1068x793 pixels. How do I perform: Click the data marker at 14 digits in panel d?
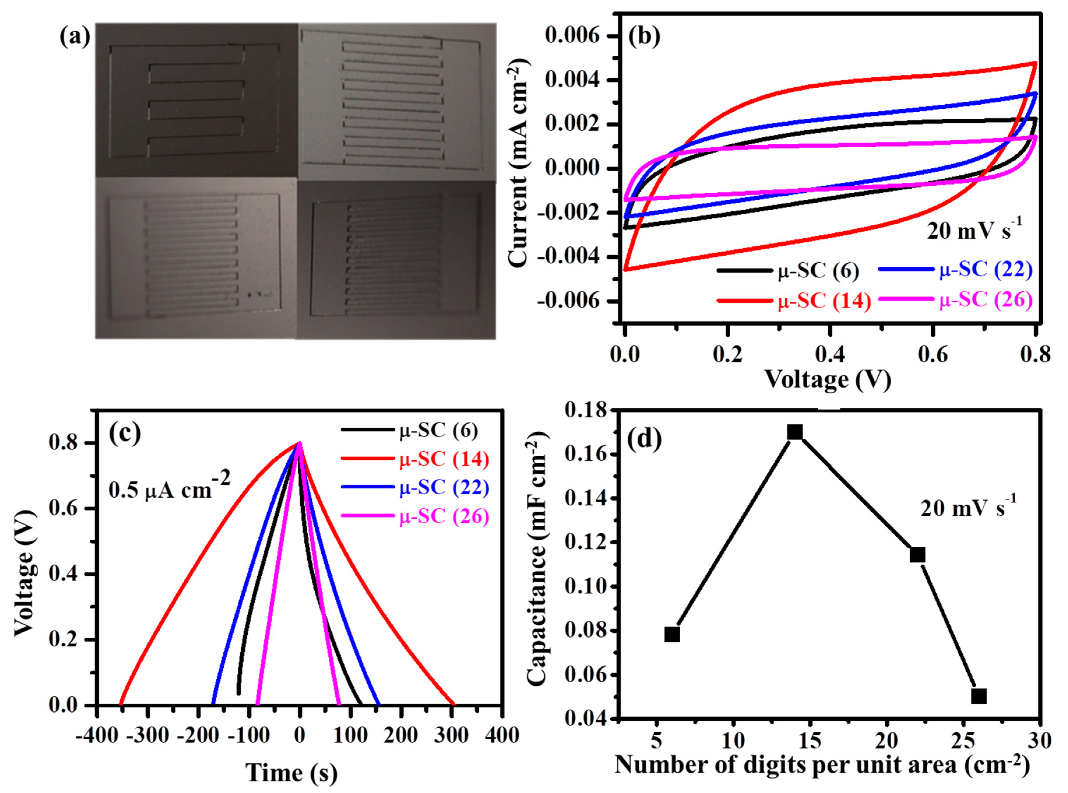tap(795, 432)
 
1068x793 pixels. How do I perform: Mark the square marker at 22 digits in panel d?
tap(917, 555)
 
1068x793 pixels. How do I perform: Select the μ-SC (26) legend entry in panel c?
tap(444, 517)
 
